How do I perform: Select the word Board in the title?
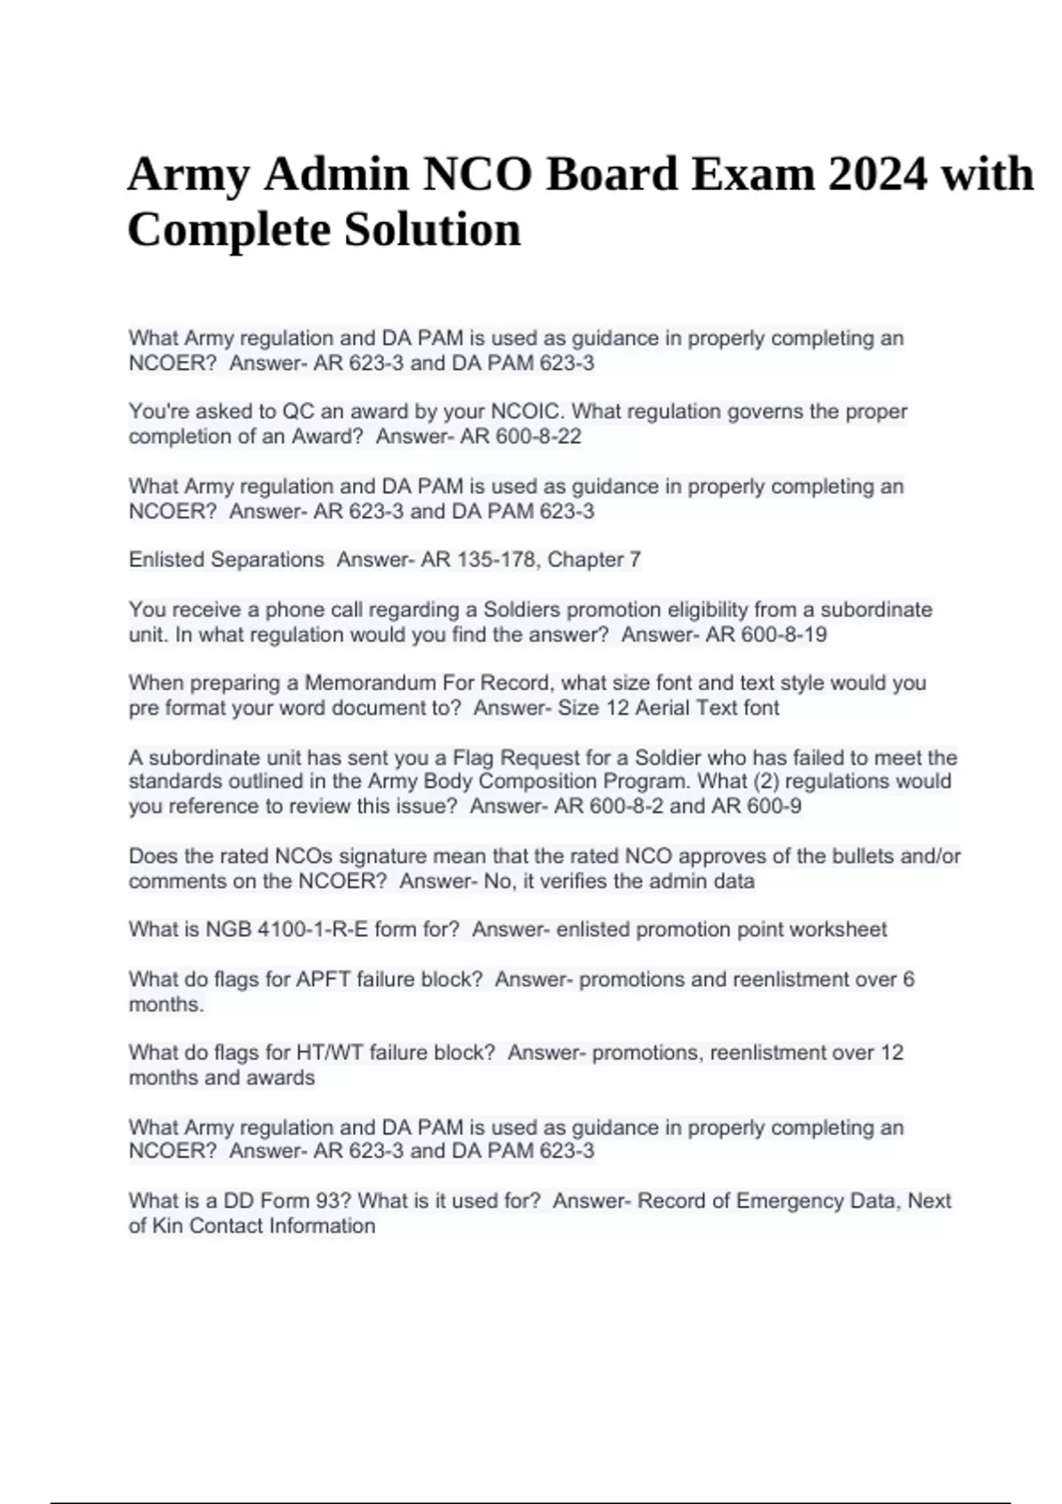pos(612,173)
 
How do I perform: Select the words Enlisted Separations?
pos(227,560)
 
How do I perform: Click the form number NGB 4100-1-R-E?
pos(283,930)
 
